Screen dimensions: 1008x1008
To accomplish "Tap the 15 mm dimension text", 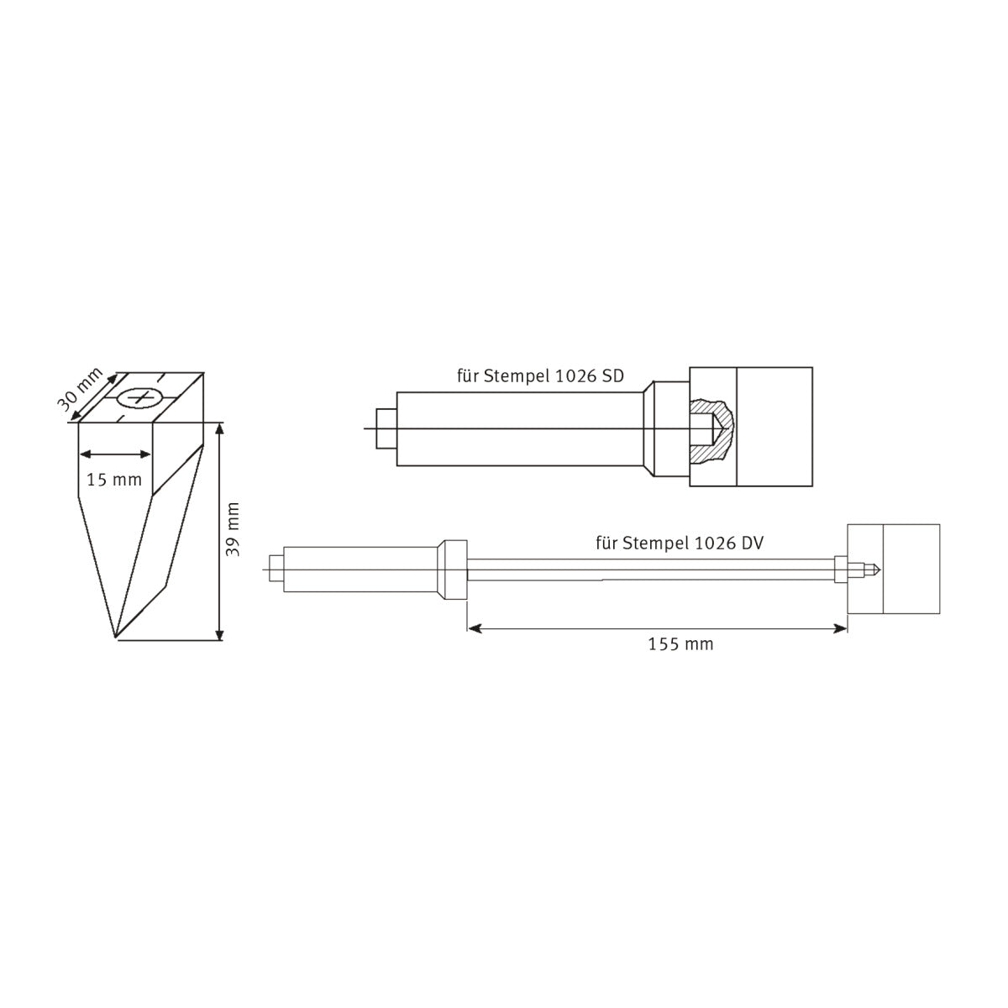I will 114,480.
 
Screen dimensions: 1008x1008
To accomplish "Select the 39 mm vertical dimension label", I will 234,529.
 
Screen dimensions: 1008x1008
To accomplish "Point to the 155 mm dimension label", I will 680,644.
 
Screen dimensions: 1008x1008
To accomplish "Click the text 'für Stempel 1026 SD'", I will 540,376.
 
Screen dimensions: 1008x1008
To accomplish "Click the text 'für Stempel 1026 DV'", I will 679,543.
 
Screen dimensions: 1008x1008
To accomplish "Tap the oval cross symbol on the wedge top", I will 139,396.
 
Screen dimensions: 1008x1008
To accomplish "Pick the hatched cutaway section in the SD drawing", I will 711,431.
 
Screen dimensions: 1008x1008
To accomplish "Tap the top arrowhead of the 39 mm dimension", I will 220,428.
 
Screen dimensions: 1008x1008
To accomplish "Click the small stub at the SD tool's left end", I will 386,429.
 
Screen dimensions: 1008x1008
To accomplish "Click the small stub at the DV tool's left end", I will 276,570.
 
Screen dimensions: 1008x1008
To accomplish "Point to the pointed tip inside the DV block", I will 875,570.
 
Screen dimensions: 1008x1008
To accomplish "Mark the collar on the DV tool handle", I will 454,570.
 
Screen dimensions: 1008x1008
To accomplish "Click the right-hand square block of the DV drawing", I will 911,570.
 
